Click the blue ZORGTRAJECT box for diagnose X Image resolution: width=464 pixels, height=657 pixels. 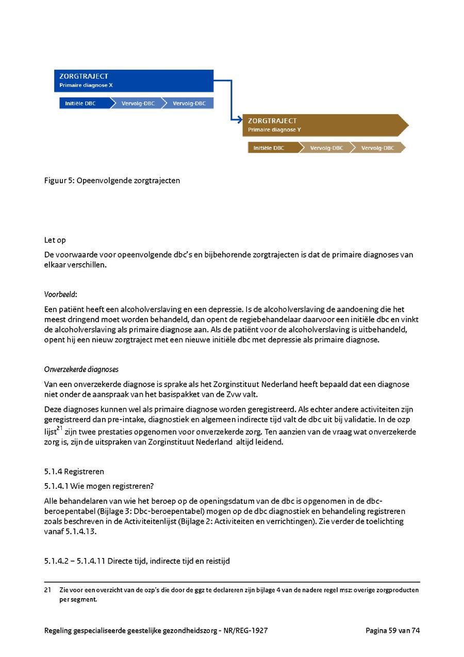pyautogui.click(x=134, y=81)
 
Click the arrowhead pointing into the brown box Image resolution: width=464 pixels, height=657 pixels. pyautogui.click(x=239, y=120)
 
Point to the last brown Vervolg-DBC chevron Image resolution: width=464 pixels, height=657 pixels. pyautogui.click(x=378, y=148)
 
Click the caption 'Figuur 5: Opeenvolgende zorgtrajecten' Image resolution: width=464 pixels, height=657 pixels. pyautogui.click(x=112, y=181)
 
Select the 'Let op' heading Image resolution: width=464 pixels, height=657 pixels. pyautogui.click(x=55, y=240)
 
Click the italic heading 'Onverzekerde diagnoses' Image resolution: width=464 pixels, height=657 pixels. pyautogui.click(x=81, y=369)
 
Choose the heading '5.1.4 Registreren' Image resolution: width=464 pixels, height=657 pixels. pyautogui.click(x=74, y=471)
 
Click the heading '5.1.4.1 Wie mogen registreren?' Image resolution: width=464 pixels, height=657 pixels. pyautogui.click(x=99, y=486)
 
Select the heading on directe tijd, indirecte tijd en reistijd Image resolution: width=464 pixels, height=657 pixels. pyautogui.click(x=137, y=560)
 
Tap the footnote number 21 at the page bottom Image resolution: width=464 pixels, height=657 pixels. pyautogui.click(x=47, y=590)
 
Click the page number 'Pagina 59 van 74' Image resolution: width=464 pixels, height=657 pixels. pyautogui.click(x=392, y=630)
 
